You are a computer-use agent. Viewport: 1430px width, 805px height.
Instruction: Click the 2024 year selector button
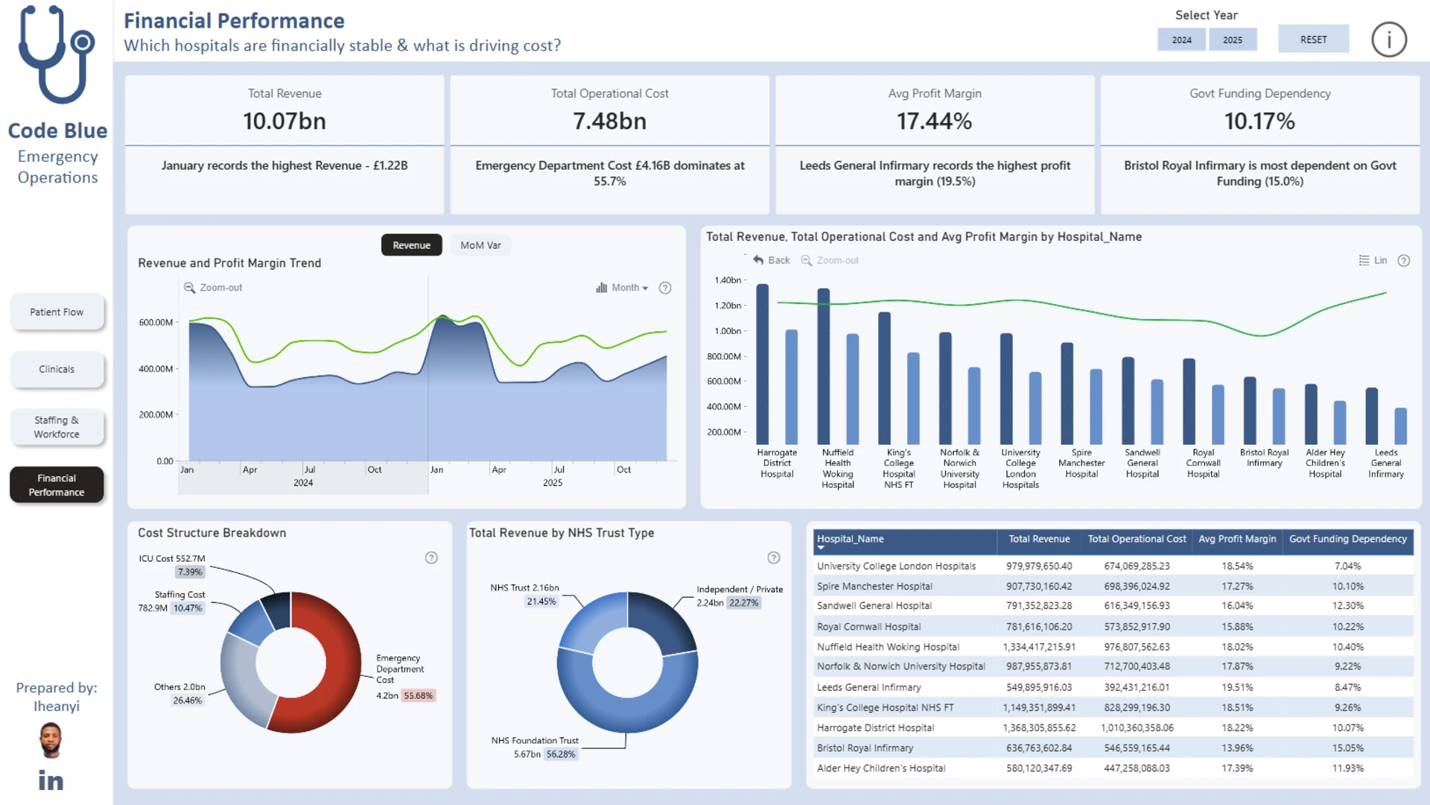pyautogui.click(x=1182, y=40)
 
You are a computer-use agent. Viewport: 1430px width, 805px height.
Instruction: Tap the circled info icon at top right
pyautogui.click(x=1389, y=40)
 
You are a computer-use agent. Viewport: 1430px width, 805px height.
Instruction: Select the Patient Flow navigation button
pyautogui.click(x=57, y=312)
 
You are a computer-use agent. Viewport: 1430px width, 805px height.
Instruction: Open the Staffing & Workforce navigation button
pyautogui.click(x=57, y=427)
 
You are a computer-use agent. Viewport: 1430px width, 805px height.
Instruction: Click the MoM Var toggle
pyautogui.click(x=480, y=245)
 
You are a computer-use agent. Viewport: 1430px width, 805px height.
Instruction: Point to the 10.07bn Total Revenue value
pyautogui.click(x=285, y=121)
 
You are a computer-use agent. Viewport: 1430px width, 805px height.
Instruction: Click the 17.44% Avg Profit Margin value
pyautogui.click(x=934, y=121)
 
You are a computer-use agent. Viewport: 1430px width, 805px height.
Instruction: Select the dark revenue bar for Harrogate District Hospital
pyautogui.click(x=762, y=364)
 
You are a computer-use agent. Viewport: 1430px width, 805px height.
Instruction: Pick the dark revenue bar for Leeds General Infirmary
pyautogui.click(x=1371, y=416)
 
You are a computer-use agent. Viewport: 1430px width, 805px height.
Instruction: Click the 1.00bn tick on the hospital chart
pyautogui.click(x=727, y=331)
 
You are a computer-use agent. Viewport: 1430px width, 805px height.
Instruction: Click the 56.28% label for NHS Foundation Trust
pyautogui.click(x=561, y=754)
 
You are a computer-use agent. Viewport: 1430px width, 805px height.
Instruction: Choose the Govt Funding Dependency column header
pyautogui.click(x=1348, y=539)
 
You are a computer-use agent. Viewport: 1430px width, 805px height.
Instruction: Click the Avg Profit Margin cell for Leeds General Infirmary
pyautogui.click(x=1237, y=687)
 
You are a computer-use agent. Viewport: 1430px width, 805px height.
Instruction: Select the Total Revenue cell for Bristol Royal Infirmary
pyautogui.click(x=1039, y=748)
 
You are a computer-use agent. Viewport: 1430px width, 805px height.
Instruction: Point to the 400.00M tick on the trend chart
pyautogui.click(x=156, y=369)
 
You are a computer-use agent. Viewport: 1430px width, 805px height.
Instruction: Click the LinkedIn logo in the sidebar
pyautogui.click(x=51, y=780)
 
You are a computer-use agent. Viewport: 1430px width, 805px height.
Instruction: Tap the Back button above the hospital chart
pyautogui.click(x=772, y=260)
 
